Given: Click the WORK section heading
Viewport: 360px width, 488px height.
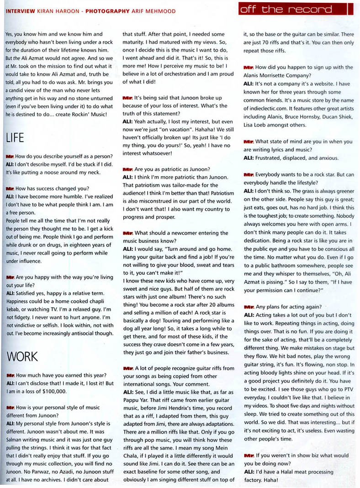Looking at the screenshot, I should coord(21,356).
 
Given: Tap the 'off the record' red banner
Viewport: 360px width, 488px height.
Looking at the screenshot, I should coord(292,9).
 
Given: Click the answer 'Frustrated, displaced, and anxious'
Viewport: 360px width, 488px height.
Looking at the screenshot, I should coord(297,158).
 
